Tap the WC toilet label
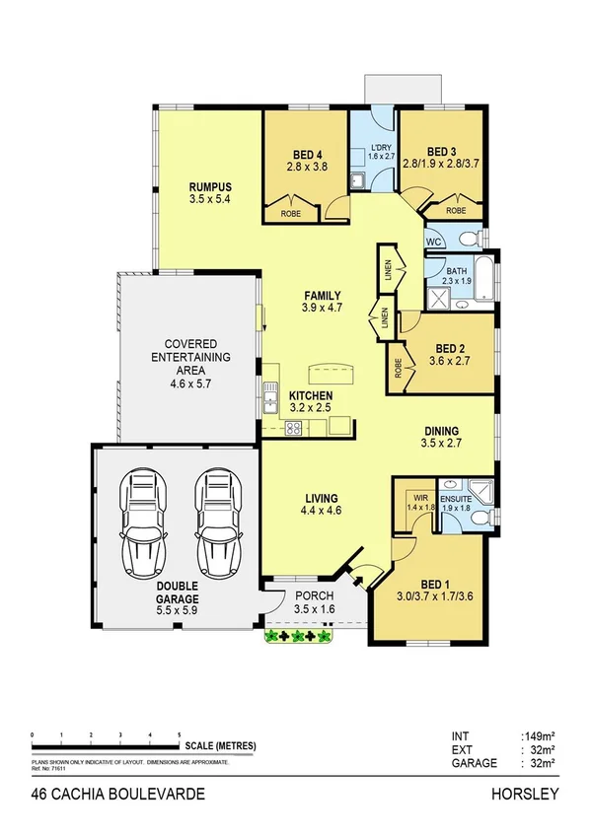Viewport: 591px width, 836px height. [x=433, y=241]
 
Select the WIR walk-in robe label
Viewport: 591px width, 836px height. [x=419, y=498]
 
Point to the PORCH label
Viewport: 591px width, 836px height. [x=314, y=596]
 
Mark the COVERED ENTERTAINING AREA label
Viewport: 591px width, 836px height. [x=185, y=356]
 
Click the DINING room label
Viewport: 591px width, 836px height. [x=441, y=430]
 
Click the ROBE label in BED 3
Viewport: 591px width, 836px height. [x=456, y=210]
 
